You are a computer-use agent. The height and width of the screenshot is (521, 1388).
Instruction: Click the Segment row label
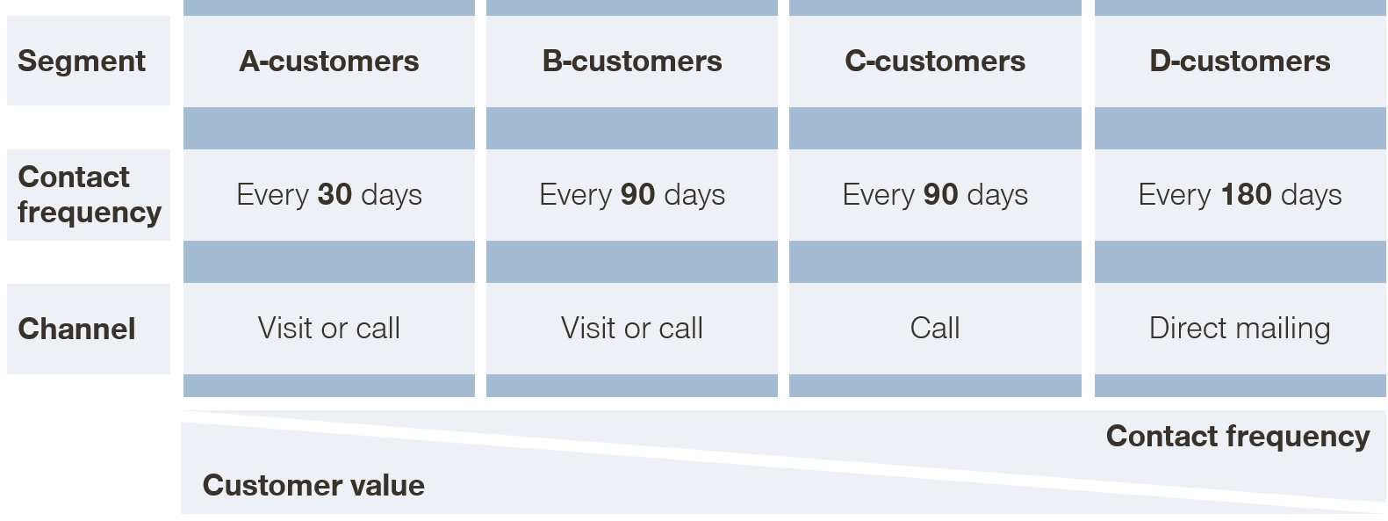click(81, 62)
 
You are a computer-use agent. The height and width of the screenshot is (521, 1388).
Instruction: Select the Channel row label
click(77, 329)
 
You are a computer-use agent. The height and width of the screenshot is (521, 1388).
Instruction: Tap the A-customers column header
click(329, 62)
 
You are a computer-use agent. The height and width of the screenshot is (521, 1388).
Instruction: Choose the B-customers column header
click(632, 62)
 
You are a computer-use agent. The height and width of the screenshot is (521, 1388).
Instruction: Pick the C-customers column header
click(935, 62)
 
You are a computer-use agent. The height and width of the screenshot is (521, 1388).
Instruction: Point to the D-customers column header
click(1240, 62)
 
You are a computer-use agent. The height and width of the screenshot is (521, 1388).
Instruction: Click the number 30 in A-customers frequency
click(334, 194)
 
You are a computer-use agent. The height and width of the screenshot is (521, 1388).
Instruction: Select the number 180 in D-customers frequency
click(1246, 194)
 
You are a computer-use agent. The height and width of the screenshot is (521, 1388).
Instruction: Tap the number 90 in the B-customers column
click(637, 194)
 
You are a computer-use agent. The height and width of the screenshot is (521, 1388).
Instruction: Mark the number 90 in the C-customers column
click(940, 194)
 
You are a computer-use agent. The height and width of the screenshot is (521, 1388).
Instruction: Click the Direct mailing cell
click(1240, 329)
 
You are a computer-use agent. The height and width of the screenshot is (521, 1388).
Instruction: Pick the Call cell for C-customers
click(935, 328)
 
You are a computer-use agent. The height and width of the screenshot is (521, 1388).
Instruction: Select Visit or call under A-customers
click(329, 328)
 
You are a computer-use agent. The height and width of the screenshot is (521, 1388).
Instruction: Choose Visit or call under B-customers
click(632, 328)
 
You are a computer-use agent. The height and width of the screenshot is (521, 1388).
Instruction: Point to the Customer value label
click(313, 485)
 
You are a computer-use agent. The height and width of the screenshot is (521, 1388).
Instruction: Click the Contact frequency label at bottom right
click(1238, 438)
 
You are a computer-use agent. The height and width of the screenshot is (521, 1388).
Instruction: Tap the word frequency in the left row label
click(90, 213)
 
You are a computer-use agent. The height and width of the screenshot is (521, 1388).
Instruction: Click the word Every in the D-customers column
click(1175, 195)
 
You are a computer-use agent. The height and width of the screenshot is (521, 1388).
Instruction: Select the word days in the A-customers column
click(392, 195)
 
